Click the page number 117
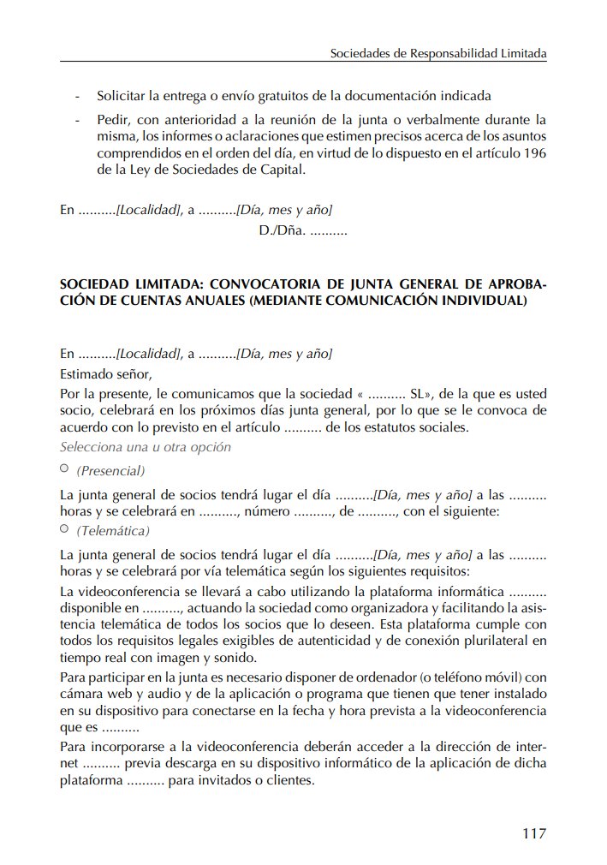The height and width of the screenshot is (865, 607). (533, 832)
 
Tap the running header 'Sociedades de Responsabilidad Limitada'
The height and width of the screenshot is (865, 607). (438, 53)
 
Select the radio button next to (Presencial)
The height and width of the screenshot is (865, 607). (65, 469)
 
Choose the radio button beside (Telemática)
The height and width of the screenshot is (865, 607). (65, 529)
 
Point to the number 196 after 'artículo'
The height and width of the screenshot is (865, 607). (535, 152)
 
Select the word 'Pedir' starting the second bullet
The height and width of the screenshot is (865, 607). (112, 120)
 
